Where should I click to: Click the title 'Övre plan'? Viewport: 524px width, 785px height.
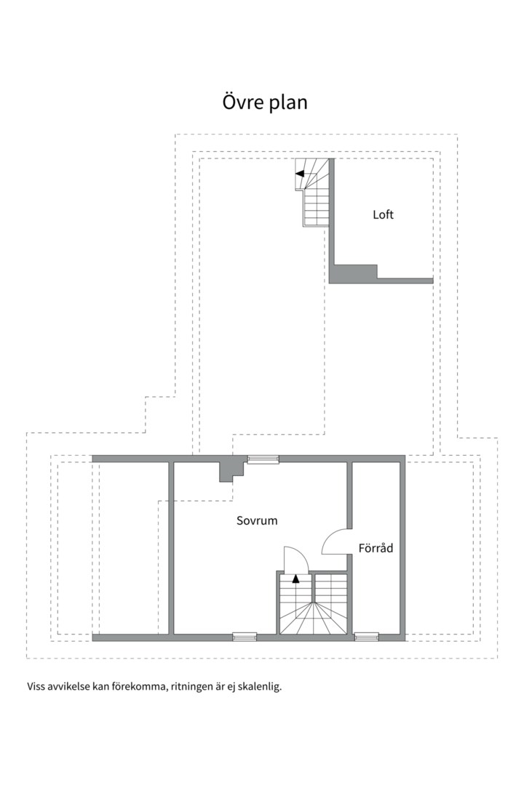(x=265, y=102)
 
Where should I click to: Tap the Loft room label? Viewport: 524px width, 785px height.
(x=383, y=214)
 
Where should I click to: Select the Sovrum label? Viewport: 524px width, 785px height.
(x=257, y=520)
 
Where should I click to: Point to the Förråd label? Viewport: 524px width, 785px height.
(x=376, y=548)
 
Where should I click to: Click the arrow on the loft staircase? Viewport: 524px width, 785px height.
(x=299, y=174)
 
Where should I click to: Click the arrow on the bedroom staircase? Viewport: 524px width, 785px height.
(x=296, y=579)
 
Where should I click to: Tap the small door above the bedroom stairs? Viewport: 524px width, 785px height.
(x=296, y=560)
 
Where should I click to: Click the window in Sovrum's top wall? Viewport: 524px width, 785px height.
(x=263, y=459)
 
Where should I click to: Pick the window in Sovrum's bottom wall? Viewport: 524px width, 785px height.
(x=245, y=637)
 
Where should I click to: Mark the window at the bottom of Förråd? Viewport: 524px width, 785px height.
(x=367, y=637)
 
